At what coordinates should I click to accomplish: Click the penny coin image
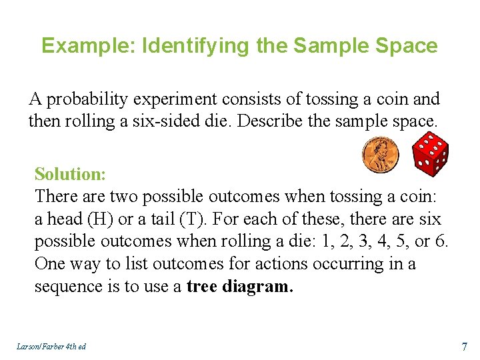(x=381, y=155)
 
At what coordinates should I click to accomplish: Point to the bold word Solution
(x=70, y=174)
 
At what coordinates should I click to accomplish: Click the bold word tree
(x=204, y=287)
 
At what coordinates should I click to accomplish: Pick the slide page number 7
(x=463, y=347)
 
